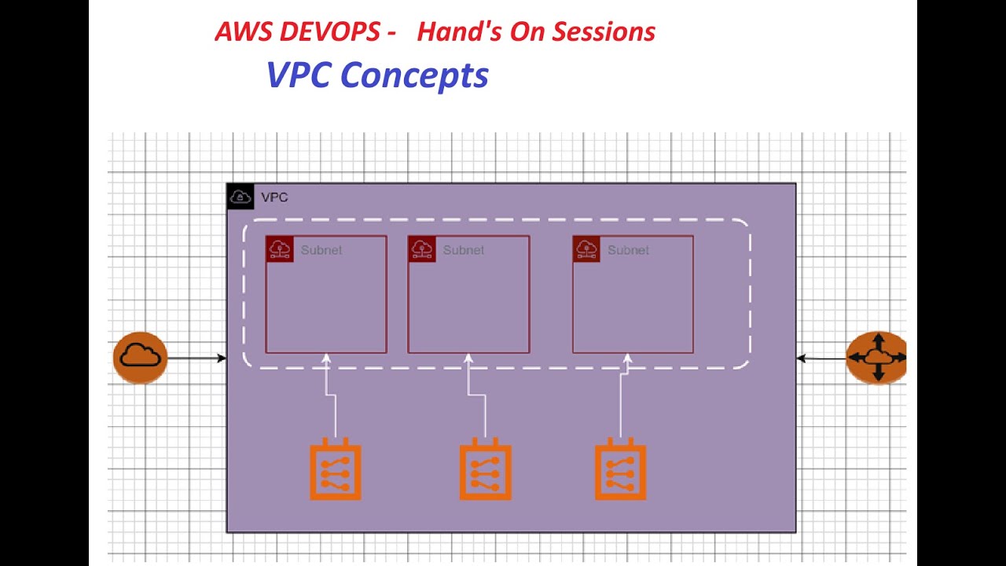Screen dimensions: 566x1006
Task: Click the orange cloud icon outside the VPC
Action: (x=140, y=358)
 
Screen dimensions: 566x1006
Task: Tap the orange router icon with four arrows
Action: (x=877, y=358)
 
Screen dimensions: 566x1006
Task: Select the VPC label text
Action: (x=274, y=197)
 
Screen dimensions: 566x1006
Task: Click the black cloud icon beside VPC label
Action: (x=240, y=197)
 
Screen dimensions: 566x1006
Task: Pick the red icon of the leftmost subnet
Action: (x=280, y=249)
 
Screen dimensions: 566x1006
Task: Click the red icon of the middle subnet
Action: (x=422, y=249)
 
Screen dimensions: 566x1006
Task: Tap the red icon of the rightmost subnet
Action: (x=586, y=249)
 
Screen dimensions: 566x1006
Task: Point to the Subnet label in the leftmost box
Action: (x=321, y=250)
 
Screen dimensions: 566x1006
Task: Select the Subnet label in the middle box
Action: (x=463, y=250)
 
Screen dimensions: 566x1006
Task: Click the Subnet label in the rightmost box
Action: (x=628, y=250)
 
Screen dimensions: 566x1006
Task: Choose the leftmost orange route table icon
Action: (x=336, y=472)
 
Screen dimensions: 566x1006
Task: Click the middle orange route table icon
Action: (x=485, y=472)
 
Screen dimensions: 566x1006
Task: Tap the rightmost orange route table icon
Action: (x=620, y=472)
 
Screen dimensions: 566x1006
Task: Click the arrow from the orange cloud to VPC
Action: (x=196, y=358)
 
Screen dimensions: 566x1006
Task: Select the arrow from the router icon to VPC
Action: (x=821, y=358)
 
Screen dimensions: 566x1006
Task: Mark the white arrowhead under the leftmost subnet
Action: (x=326, y=359)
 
